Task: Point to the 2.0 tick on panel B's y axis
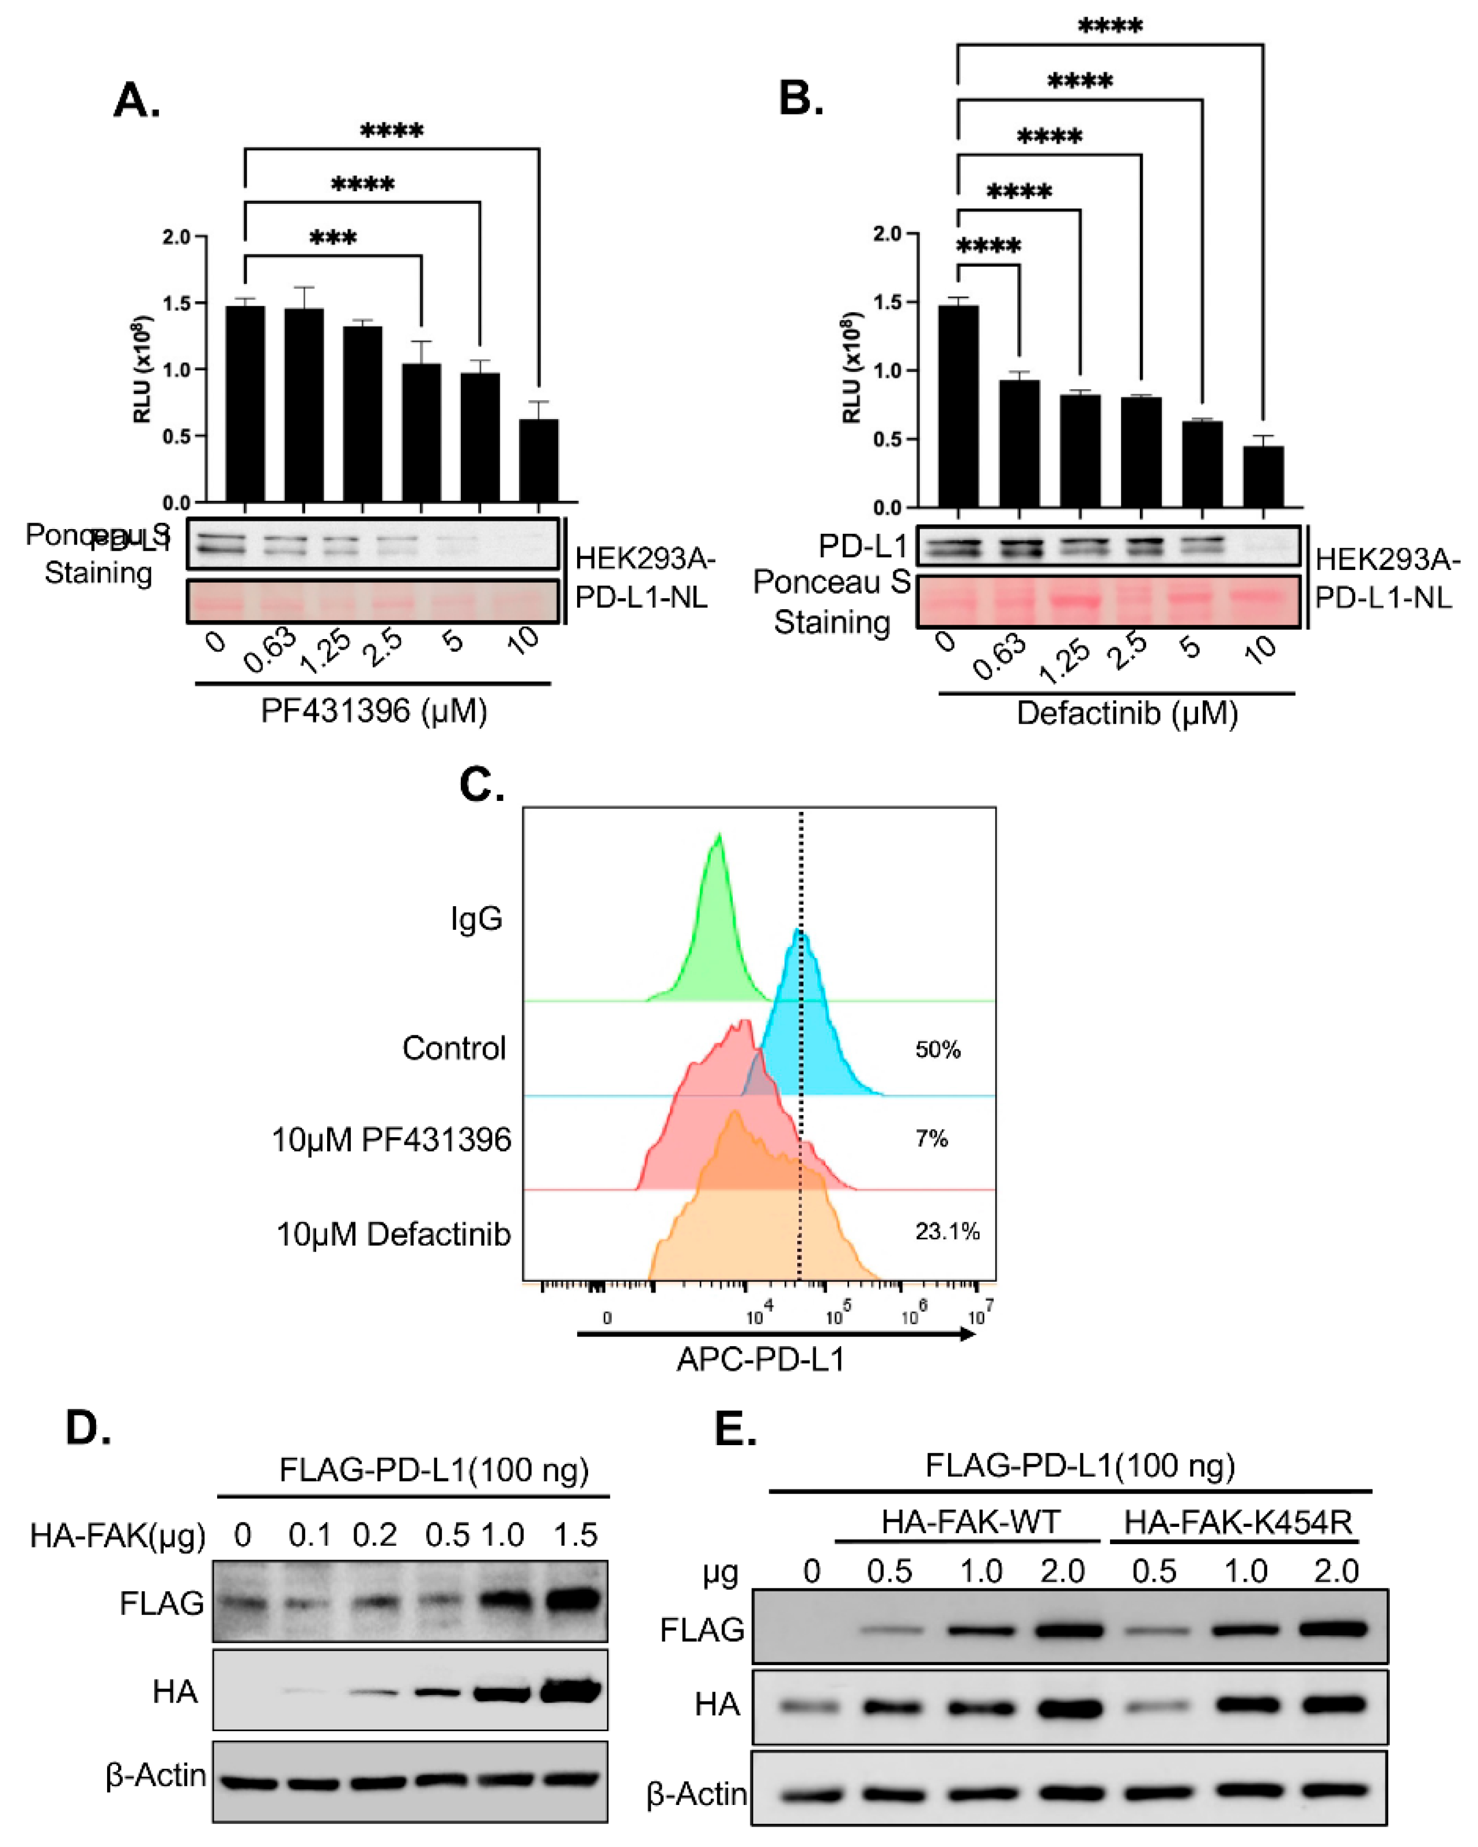click(887, 234)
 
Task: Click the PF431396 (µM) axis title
click(374, 711)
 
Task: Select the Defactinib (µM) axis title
click(1127, 713)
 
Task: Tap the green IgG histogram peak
click(718, 857)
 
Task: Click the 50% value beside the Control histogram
click(937, 1050)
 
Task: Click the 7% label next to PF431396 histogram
click(931, 1138)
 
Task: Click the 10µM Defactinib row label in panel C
click(393, 1234)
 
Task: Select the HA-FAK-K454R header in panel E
click(1237, 1522)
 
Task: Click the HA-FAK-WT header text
click(971, 1522)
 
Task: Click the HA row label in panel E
click(717, 1705)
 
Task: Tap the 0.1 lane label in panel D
click(309, 1535)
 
